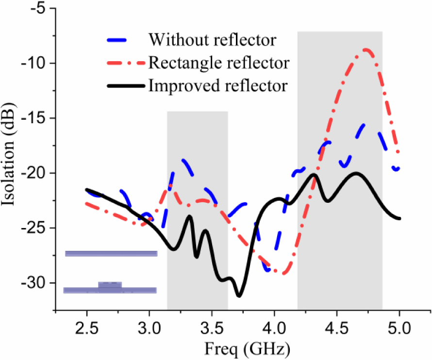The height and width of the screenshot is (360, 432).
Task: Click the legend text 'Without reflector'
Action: coord(213,39)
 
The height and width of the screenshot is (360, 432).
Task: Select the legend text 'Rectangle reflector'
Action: coord(219,63)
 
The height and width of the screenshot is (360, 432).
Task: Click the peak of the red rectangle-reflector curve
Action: coord(366,49)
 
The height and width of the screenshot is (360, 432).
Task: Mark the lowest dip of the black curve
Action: coord(239,296)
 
